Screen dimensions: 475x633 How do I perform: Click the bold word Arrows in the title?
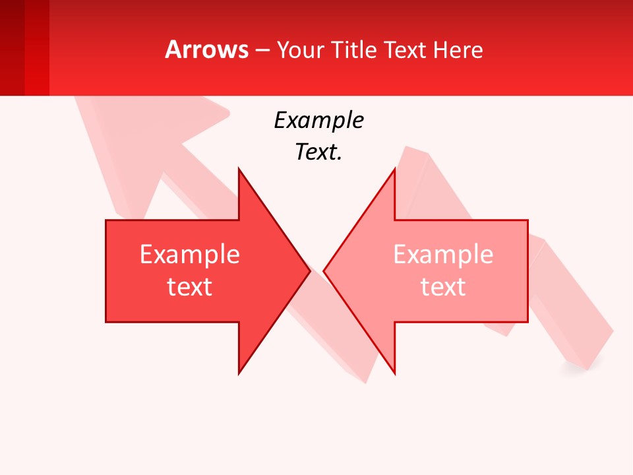206,49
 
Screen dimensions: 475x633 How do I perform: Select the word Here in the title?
458,49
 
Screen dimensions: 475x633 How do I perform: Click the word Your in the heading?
300,49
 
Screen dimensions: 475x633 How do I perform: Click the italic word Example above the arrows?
318,121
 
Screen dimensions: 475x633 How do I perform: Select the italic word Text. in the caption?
318,152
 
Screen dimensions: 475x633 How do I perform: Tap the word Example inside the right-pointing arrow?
189,255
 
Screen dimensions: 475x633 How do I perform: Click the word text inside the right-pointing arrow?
189,287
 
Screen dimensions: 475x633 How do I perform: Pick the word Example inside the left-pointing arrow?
443,255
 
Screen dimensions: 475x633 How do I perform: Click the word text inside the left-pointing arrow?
443,287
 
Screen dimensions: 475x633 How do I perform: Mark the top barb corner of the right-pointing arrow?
239,170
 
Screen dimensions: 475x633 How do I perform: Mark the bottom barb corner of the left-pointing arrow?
394,373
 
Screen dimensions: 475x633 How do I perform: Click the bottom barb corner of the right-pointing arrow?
239,373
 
